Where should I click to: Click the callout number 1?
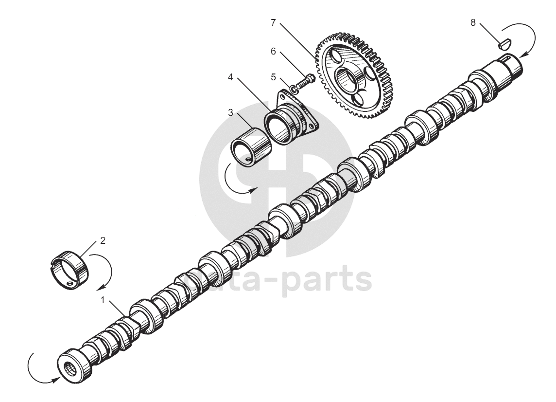click(x=103, y=300)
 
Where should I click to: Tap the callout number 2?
click(x=103, y=240)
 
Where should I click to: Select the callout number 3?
click(x=231, y=112)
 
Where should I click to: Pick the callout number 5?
click(x=273, y=77)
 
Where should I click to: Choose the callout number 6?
click(x=273, y=51)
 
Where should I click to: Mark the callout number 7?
click(x=273, y=22)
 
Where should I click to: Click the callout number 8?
click(x=473, y=22)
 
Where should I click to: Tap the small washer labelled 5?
click(x=294, y=88)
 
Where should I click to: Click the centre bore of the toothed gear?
click(x=351, y=78)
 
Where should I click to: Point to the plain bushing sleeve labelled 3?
click(x=250, y=146)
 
